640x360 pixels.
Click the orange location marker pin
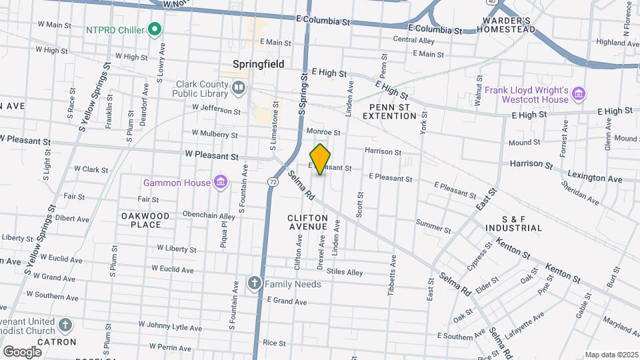click(x=320, y=159)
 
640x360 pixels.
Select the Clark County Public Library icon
click(x=239, y=87)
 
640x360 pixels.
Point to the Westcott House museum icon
click(x=579, y=94)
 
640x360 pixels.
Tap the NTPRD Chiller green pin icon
click(x=155, y=29)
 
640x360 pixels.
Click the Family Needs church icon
click(x=254, y=284)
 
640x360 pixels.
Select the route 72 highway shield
click(x=273, y=181)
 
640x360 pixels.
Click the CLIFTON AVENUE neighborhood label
click(x=307, y=223)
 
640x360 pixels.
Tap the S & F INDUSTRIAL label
click(x=523, y=223)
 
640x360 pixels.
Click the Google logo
click(x=22, y=351)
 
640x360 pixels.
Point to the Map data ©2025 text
click(x=611, y=355)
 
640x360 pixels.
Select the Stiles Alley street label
click(x=344, y=272)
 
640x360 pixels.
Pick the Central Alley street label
click(x=413, y=40)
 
